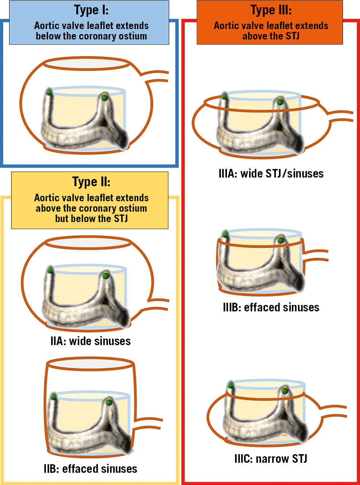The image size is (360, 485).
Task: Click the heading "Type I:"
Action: tap(91, 10)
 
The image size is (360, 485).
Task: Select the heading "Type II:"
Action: tap(91, 182)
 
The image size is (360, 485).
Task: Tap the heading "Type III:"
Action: tap(271, 10)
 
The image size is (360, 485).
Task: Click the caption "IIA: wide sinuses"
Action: tap(90, 341)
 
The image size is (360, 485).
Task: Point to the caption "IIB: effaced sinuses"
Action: tap(90, 468)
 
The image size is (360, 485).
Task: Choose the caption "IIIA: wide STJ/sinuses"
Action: tap(271, 174)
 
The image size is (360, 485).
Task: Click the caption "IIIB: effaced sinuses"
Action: tap(271, 307)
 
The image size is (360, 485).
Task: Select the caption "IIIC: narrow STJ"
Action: tap(271, 458)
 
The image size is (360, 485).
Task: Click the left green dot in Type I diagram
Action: tap(49, 92)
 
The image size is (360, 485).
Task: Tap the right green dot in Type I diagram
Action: tap(104, 97)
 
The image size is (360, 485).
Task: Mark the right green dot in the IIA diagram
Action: tap(105, 276)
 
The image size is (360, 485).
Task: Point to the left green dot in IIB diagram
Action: tap(54, 397)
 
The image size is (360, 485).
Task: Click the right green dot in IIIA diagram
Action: tap(280, 102)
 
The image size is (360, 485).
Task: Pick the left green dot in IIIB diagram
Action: tap(225, 235)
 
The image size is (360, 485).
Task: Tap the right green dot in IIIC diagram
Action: tap(285, 390)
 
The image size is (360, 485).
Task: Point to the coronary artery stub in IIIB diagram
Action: tap(316, 255)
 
